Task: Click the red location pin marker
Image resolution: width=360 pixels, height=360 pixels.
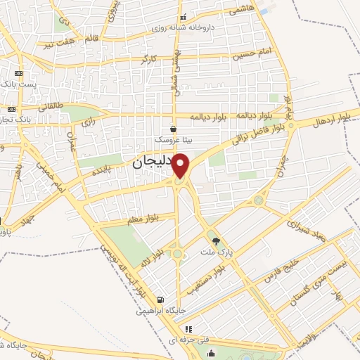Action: (181, 166)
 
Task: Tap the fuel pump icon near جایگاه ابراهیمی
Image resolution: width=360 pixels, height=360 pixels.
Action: (161, 299)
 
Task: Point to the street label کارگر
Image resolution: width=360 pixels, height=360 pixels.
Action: (148, 59)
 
